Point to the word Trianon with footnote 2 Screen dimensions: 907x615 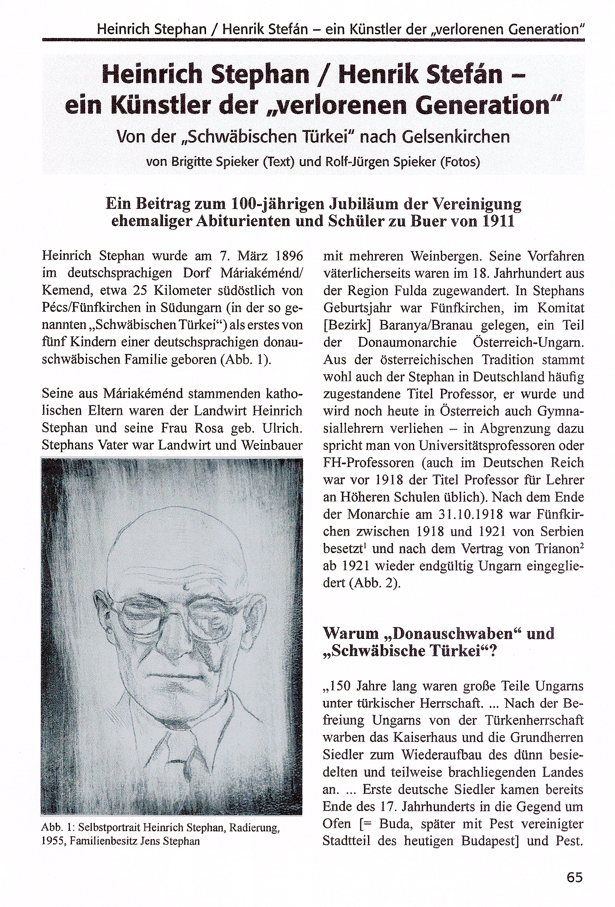tap(560, 549)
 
